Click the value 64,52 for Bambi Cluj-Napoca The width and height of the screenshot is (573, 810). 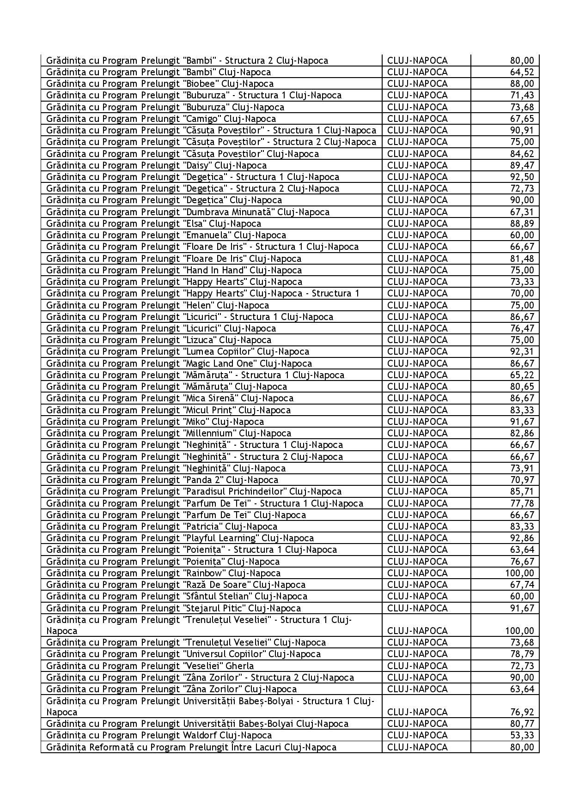tap(522, 72)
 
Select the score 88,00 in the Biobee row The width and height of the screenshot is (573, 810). tap(522, 84)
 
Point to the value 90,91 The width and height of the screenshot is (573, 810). tap(522, 130)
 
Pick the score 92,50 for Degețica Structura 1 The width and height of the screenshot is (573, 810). tap(522, 177)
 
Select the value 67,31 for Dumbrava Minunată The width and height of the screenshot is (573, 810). tap(522, 212)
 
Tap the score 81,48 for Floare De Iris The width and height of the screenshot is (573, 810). tap(522, 259)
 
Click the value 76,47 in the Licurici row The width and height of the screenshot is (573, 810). tap(522, 328)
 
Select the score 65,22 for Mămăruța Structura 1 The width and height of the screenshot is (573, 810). tap(522, 375)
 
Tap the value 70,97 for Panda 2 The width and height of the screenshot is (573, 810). tap(522, 480)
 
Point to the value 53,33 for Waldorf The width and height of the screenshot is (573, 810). tap(522, 735)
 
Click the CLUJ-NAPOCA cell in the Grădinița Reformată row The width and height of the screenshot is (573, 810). tap(417, 747)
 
